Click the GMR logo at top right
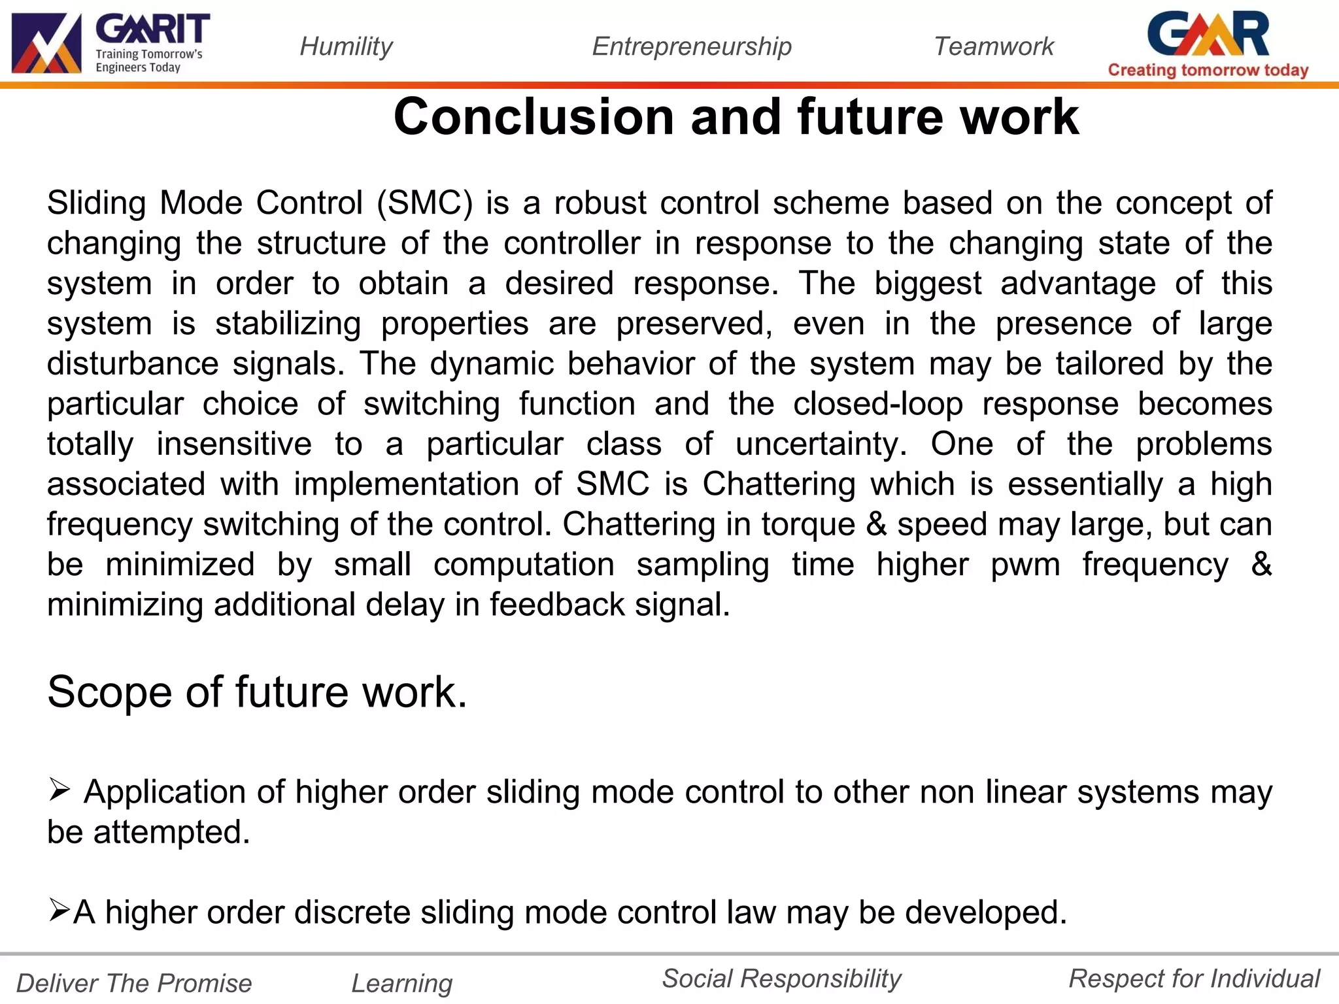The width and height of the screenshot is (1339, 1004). (1208, 34)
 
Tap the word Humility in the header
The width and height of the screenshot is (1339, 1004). (346, 46)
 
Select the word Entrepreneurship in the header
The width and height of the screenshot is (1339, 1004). (691, 46)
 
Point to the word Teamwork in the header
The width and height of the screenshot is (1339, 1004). (993, 46)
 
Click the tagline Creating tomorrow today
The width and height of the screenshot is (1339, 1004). (1208, 70)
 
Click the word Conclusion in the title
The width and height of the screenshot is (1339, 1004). (533, 117)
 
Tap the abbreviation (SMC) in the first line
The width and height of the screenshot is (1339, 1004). (424, 203)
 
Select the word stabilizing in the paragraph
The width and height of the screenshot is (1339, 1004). (288, 324)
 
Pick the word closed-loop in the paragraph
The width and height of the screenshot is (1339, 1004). (877, 404)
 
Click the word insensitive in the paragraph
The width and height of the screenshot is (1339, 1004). (234, 444)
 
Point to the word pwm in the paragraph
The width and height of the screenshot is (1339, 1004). (1025, 565)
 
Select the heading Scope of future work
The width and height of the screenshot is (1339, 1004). (257, 692)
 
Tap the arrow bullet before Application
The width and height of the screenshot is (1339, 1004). (59, 790)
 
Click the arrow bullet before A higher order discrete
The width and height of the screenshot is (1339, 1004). (59, 910)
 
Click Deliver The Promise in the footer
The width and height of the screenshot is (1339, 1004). (134, 983)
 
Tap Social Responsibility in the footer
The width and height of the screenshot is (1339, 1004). (781, 979)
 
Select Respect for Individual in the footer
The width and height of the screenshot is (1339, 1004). (1194, 979)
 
